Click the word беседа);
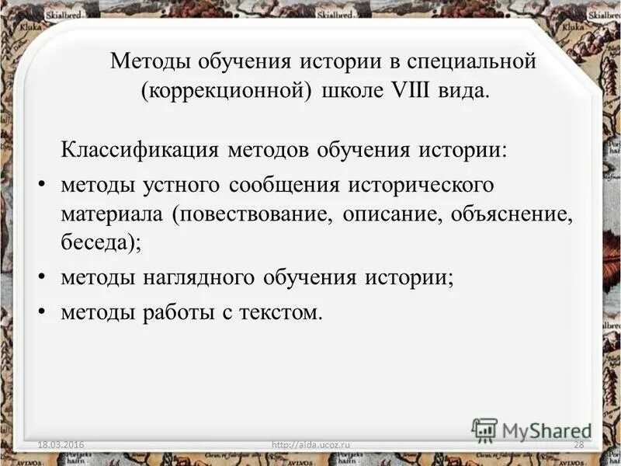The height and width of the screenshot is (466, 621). [x=101, y=243]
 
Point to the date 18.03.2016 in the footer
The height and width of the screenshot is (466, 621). [x=62, y=443]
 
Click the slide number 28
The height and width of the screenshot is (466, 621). [x=578, y=443]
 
